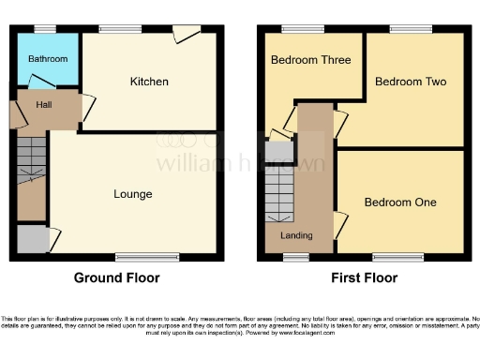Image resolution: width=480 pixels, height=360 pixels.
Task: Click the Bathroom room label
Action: tap(48, 59)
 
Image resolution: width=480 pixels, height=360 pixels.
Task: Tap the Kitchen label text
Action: tap(149, 82)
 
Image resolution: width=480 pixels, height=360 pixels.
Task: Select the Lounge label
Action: tap(133, 194)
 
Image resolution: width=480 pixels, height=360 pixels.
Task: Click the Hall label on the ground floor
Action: tap(44, 104)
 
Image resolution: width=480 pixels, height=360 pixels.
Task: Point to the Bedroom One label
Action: tap(400, 202)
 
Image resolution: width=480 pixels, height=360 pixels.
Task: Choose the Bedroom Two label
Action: tap(411, 82)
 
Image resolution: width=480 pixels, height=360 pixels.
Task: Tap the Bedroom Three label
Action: tap(311, 60)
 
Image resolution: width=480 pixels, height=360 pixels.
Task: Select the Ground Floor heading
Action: tap(117, 277)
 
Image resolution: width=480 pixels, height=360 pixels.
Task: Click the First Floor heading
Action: tap(364, 277)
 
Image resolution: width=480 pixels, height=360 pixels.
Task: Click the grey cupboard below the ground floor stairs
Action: tap(30, 239)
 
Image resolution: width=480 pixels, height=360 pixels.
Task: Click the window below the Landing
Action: tap(296, 256)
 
